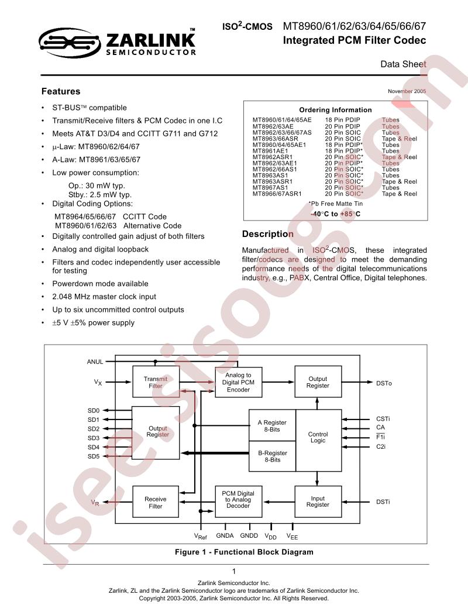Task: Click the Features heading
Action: pyautogui.click(x=61, y=91)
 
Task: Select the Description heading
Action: pyautogui.click(x=268, y=234)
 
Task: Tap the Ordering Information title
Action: pyautogui.click(x=335, y=110)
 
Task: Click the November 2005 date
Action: pyautogui.click(x=407, y=91)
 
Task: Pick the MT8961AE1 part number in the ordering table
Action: pyautogui.click(x=270, y=151)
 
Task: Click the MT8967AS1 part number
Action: pyautogui.click(x=270, y=187)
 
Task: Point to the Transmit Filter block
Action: pyautogui.click(x=156, y=382)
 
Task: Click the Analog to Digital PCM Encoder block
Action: pyautogui.click(x=239, y=383)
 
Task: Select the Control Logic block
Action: pyautogui.click(x=318, y=440)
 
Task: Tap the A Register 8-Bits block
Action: pyautogui.click(x=273, y=425)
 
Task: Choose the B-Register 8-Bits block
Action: pyautogui.click(x=273, y=456)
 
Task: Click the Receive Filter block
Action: pyautogui.click(x=156, y=501)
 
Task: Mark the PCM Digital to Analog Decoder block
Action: pyautogui.click(x=239, y=501)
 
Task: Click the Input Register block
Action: pyautogui.click(x=318, y=501)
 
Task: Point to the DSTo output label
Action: pyautogui.click(x=384, y=383)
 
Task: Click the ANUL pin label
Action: pyautogui.click(x=95, y=362)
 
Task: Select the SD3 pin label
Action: pyautogui.click(x=94, y=438)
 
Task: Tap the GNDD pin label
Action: pyautogui.click(x=249, y=535)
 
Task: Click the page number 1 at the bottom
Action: pyautogui.click(x=234, y=572)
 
